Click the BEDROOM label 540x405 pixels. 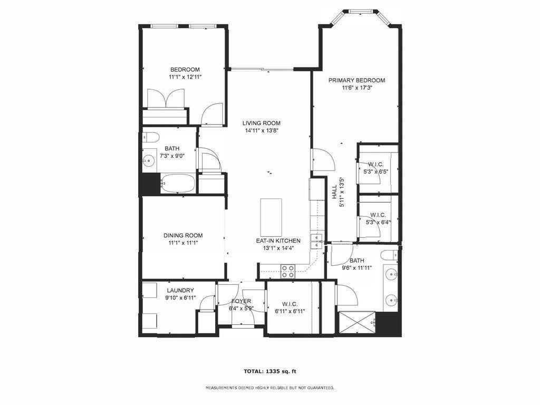coord(185,70)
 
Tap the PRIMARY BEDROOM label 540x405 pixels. coord(356,80)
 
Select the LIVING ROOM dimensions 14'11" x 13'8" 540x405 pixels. coord(262,131)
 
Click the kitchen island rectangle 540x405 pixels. coord(271,217)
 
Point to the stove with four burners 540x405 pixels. coord(288,271)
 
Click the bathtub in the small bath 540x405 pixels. coord(178,183)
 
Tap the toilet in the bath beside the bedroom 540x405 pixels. coord(150,137)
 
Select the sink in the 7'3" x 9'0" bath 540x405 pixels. coord(149,160)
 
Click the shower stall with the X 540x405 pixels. coord(358,322)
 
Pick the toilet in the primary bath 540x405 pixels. coord(390,255)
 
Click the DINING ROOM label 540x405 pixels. coord(183,236)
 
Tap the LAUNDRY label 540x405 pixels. coord(180,291)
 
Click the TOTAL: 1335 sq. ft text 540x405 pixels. coord(270,371)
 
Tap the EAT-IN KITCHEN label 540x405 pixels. coord(278,241)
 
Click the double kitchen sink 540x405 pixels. coord(316,241)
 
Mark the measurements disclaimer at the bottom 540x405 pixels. coord(269,388)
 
